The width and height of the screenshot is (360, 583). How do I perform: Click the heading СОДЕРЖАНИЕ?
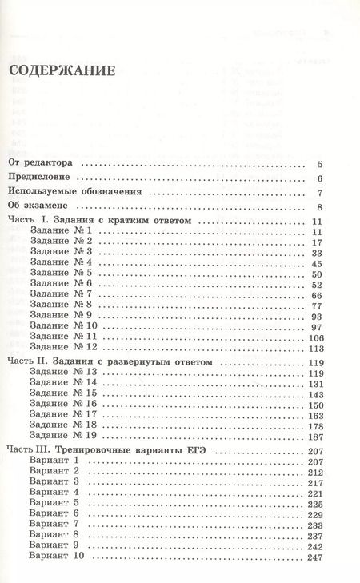[62, 71]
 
